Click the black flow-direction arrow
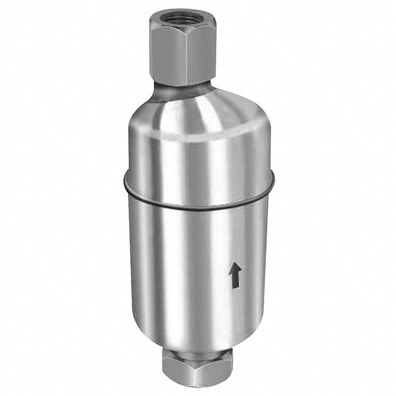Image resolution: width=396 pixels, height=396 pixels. tap(235, 276)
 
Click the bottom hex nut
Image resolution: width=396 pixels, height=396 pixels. tap(194, 370)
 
